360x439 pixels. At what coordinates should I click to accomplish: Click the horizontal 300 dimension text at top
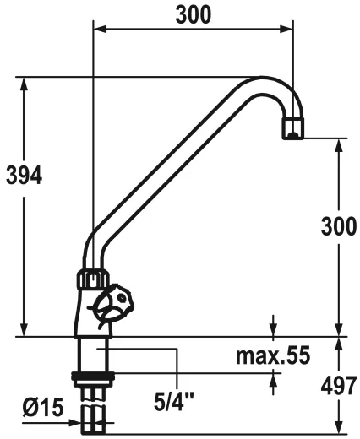point(193,14)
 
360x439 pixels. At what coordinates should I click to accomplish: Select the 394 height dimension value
point(23,176)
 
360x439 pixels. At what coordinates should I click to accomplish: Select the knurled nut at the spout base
point(92,278)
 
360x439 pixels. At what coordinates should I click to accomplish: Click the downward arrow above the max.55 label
point(274,330)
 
